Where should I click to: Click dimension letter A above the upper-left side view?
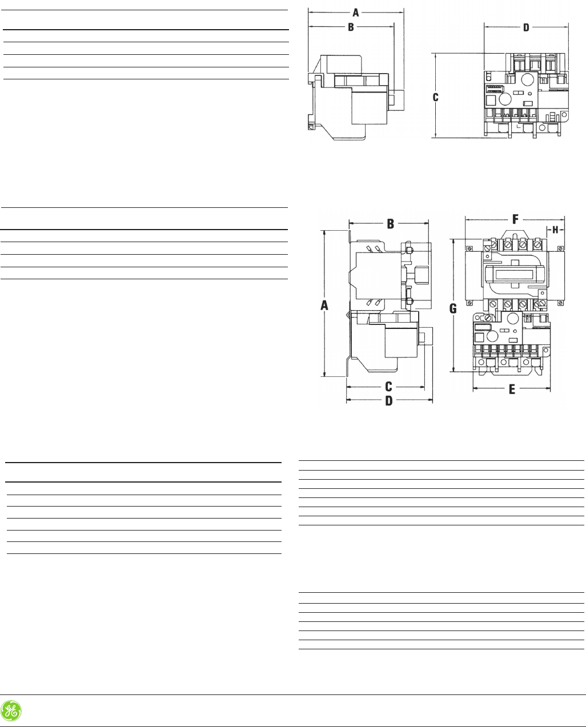356,11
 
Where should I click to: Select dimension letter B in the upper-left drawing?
351,27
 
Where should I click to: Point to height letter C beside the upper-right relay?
435,98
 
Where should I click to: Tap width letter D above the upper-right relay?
526,27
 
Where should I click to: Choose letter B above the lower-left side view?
390,224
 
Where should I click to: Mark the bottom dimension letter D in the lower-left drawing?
388,400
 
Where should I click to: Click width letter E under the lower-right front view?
512,389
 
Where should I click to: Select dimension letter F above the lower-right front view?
515,219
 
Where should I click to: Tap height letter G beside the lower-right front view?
453,308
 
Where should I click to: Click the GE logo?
11,710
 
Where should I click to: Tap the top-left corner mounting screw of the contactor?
469,248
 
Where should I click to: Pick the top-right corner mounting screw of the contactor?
562,248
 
